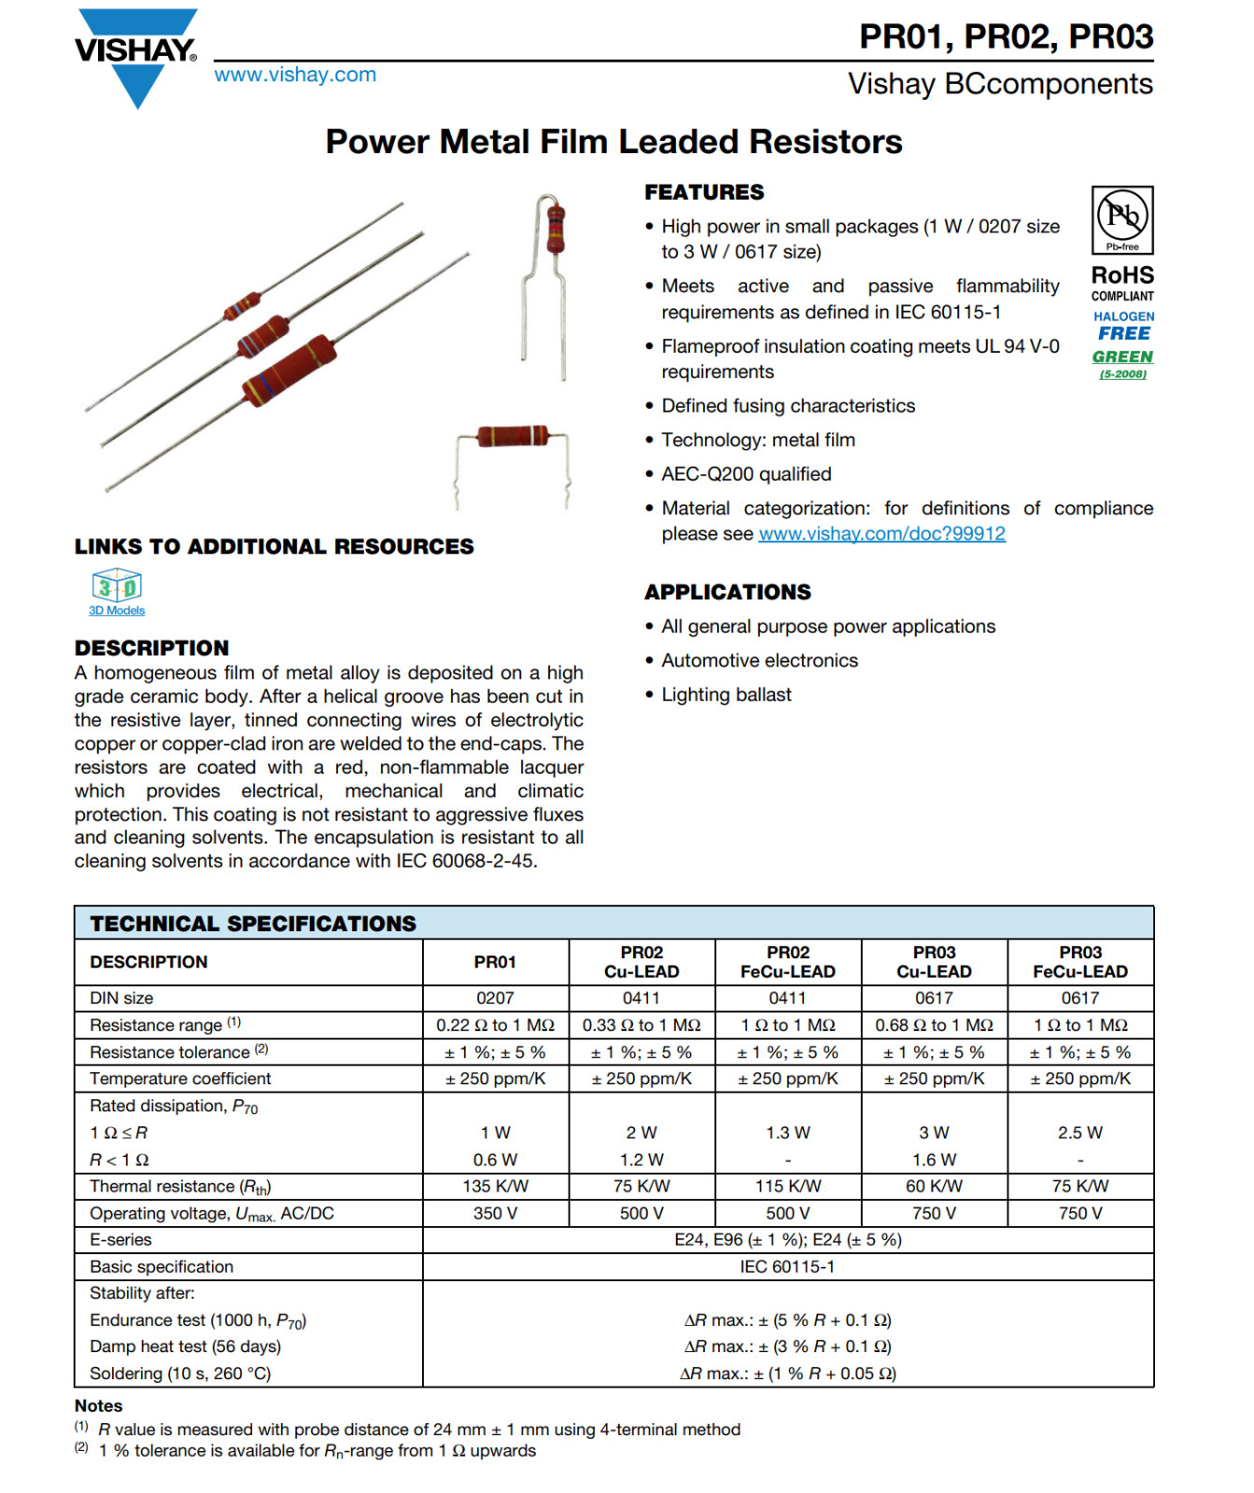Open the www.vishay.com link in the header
[295, 75]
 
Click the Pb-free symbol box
[1122, 220]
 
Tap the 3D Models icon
[117, 587]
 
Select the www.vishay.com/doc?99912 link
[881, 534]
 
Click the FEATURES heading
[704, 192]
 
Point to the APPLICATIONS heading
[727, 593]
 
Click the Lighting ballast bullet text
[726, 695]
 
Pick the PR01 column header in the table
[495, 962]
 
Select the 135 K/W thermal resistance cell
[495, 1186]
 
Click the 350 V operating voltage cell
[495, 1213]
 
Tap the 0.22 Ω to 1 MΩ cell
[495, 1026]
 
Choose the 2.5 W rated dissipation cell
[1079, 1133]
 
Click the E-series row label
[120, 1240]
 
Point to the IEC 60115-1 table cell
[787, 1267]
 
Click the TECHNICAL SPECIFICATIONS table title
[253, 924]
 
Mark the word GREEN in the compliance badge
[1122, 357]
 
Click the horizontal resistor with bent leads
[513, 437]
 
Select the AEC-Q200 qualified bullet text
[746, 474]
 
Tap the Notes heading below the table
[98, 1406]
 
